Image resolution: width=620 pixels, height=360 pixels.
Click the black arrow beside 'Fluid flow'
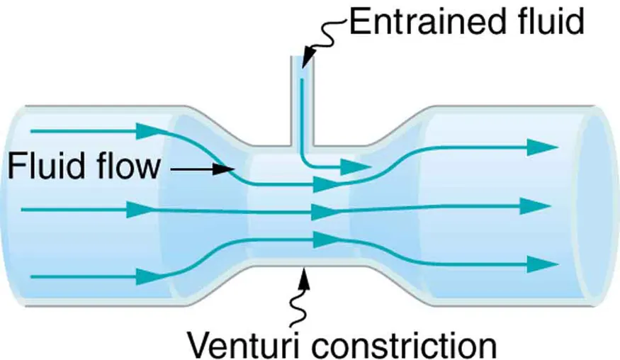[x=202, y=169]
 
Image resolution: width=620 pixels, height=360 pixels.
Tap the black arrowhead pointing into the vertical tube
[x=305, y=60]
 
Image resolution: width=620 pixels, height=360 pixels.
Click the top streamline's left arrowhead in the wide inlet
[x=147, y=130]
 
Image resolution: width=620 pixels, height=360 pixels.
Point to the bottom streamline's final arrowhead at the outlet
[x=541, y=264]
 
